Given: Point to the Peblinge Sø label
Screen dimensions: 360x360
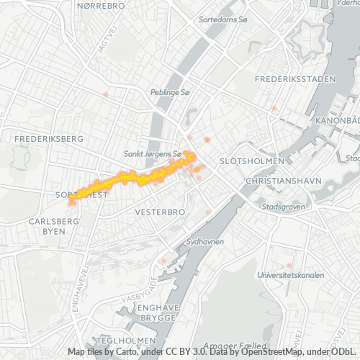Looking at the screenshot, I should pyautogui.click(x=170, y=93).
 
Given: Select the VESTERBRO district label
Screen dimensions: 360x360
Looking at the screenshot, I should pyautogui.click(x=161, y=212).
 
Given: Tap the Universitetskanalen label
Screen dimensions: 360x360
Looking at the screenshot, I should pyautogui.click(x=291, y=275).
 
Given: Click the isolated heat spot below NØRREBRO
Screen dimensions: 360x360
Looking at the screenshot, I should pyautogui.click(x=106, y=94).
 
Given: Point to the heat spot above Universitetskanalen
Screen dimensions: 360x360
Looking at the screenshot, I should pyautogui.click(x=289, y=266).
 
